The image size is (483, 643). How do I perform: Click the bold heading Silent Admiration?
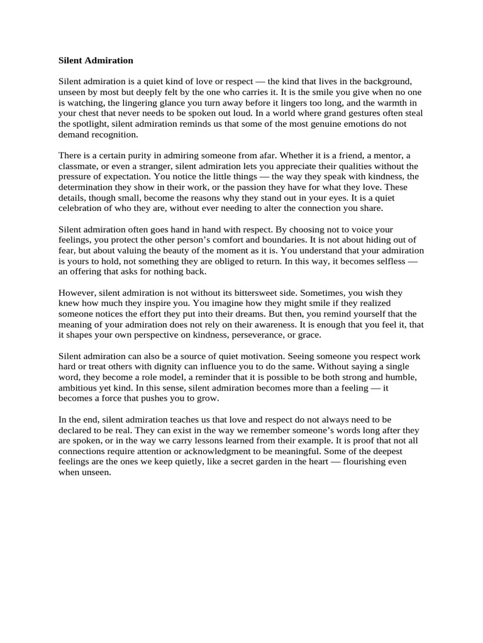click(96, 61)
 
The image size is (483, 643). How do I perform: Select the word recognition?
click(114, 134)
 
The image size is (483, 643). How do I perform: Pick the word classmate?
click(79, 166)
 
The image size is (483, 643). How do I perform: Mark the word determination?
click(89, 187)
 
